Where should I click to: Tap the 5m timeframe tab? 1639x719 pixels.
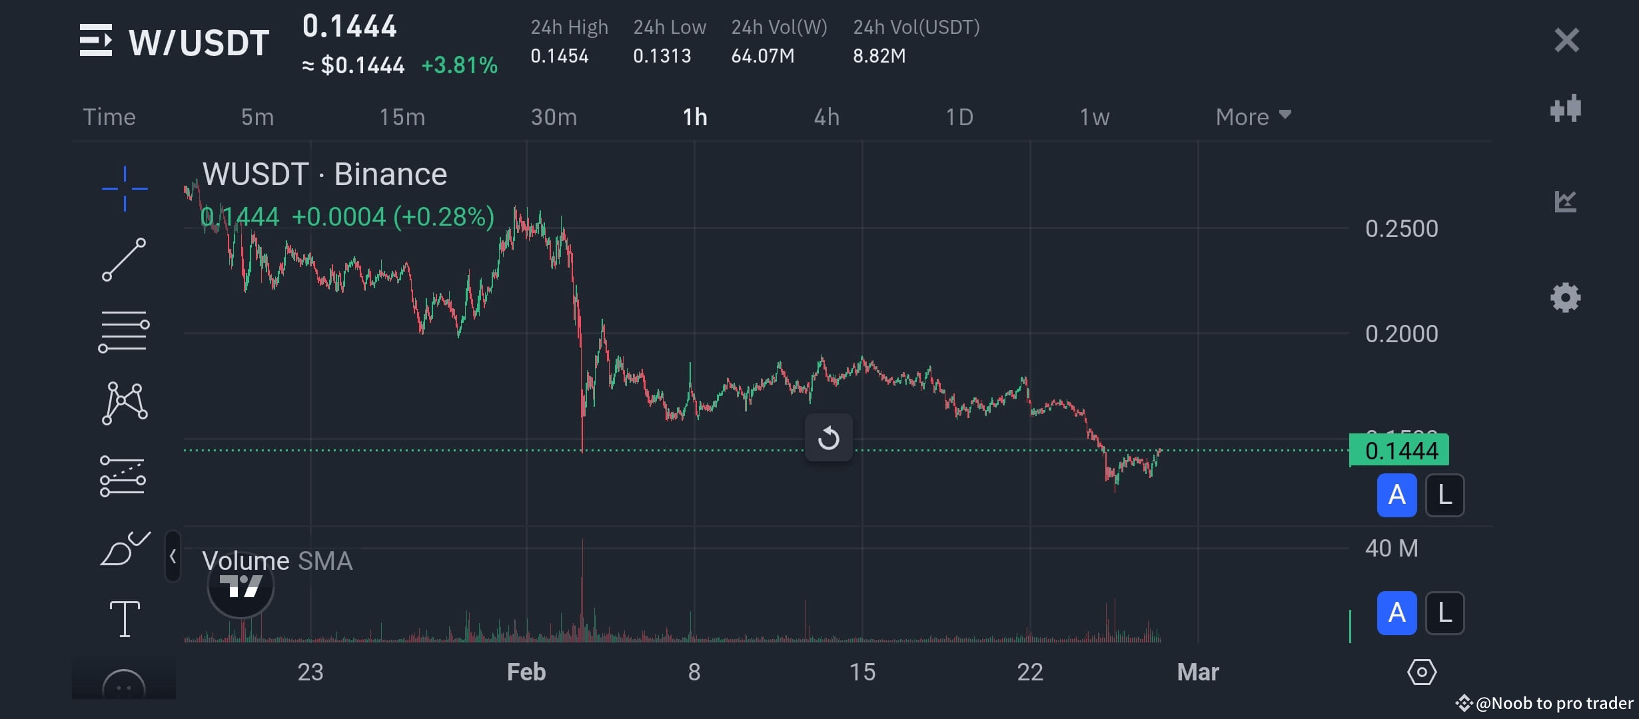coord(257,117)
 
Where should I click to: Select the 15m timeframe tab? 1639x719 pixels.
coord(402,117)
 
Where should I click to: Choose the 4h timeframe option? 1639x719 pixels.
coord(826,117)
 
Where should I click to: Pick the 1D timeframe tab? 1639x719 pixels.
coord(959,117)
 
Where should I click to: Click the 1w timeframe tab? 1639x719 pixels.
coord(1094,117)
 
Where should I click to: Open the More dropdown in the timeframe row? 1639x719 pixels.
coord(1253,117)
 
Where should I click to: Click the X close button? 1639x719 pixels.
coord(1566,41)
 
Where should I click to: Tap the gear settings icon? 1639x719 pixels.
coord(1565,298)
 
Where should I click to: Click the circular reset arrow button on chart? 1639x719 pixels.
coord(828,438)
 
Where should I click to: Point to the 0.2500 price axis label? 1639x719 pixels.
coord(1401,229)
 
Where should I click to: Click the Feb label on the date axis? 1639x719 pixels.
coord(526,672)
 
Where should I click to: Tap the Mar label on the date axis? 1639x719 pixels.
coord(1197,672)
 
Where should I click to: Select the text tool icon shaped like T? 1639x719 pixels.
coord(125,618)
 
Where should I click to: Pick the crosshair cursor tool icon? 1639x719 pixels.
coord(125,188)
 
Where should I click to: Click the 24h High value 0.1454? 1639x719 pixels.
coord(559,56)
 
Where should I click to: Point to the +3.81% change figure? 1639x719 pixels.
coord(459,65)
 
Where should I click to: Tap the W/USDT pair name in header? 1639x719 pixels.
coord(199,43)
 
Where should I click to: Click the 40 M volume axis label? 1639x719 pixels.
coord(1391,549)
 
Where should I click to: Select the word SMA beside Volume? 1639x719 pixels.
coord(325,561)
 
